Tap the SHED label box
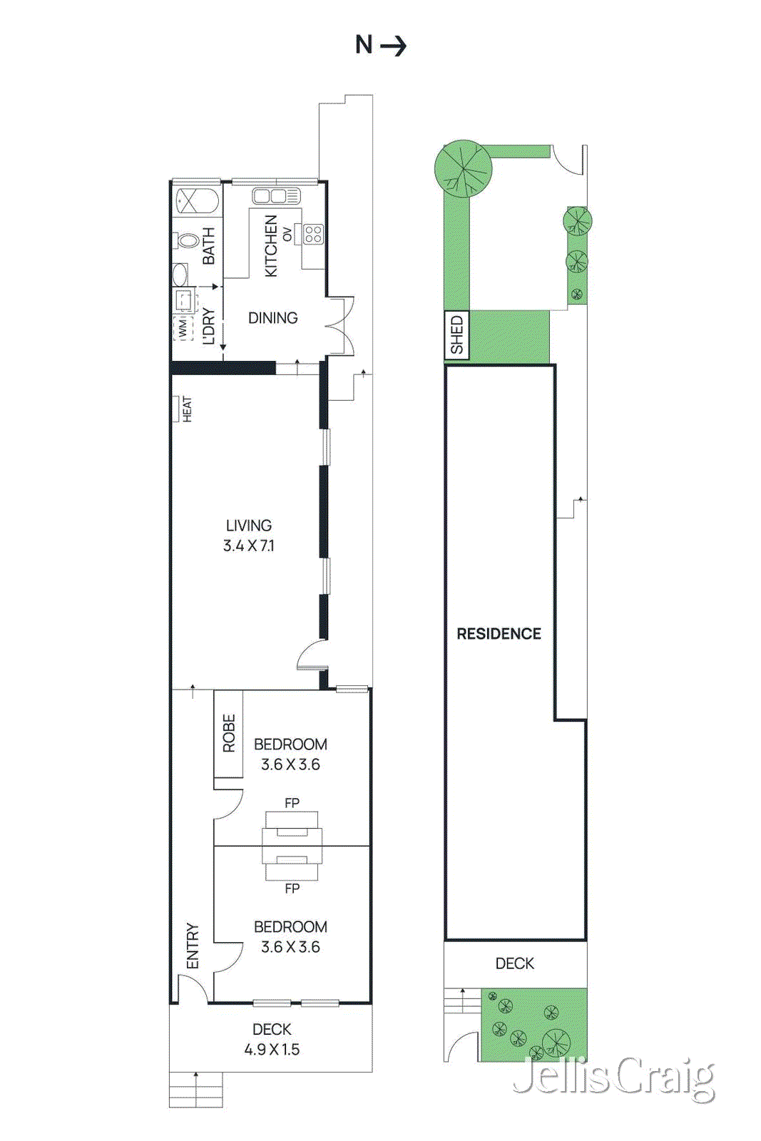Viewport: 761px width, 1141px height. coord(456,334)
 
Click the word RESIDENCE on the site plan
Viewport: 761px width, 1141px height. coord(499,633)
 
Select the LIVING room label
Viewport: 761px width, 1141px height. coord(249,526)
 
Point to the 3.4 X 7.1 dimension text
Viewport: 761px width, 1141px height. coord(249,546)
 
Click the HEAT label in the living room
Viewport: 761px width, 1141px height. coord(186,409)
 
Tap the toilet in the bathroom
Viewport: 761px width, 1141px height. coord(187,241)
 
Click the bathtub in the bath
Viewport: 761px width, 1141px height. coord(197,201)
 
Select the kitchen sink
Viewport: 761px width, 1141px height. coord(276,196)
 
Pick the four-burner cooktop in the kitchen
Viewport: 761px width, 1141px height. coord(313,234)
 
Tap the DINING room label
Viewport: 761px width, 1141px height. coord(272,318)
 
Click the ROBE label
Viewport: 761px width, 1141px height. coord(229,733)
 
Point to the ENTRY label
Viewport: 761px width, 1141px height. coord(193,946)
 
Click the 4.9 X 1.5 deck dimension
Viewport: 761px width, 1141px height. coord(272,1049)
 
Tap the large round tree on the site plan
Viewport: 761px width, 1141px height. coord(464,169)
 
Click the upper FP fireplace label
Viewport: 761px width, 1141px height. coord(292,803)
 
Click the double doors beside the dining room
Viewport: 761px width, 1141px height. coord(340,325)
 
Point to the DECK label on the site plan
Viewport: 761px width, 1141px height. coord(514,963)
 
